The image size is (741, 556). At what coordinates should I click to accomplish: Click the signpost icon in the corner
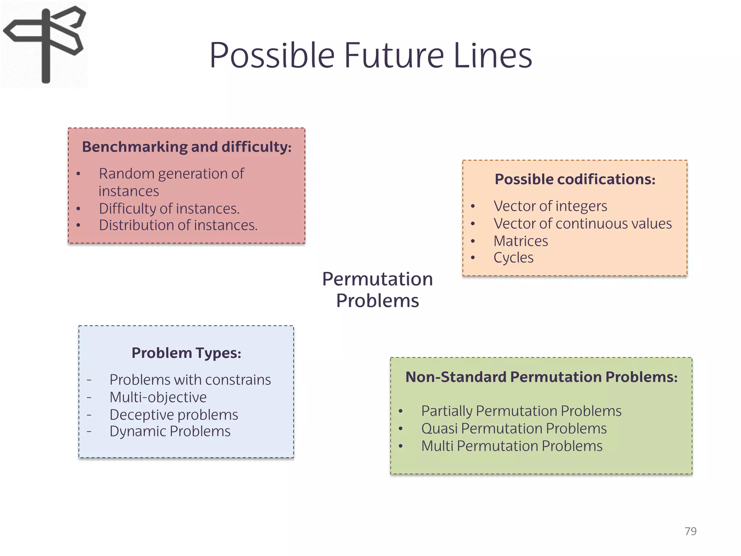click(45, 44)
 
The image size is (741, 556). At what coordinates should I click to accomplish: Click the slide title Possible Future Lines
click(370, 55)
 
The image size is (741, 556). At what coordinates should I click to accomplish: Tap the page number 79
click(690, 531)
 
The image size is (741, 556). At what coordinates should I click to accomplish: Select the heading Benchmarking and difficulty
click(187, 147)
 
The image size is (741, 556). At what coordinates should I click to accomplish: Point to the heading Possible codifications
click(575, 179)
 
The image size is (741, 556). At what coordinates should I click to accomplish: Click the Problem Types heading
click(186, 353)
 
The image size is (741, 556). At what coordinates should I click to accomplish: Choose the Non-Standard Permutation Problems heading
click(541, 377)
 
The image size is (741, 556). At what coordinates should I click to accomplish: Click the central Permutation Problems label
click(377, 290)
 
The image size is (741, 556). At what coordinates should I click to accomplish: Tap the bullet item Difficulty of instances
click(169, 208)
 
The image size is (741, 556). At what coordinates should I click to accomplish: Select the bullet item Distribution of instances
click(178, 225)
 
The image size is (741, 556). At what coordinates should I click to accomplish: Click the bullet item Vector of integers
click(550, 206)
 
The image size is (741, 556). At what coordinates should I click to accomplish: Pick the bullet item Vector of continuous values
click(583, 224)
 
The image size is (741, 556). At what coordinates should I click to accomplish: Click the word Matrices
click(521, 241)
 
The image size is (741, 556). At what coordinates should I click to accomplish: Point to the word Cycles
click(513, 258)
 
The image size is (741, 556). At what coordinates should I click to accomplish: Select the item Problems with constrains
click(190, 380)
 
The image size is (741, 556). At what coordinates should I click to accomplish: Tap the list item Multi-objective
click(158, 397)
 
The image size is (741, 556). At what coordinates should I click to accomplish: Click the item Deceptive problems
click(174, 414)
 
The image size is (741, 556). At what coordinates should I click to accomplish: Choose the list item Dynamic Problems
click(170, 431)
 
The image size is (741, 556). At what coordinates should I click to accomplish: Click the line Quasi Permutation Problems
click(514, 429)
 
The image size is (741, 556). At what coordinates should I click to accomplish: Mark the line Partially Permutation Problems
click(521, 411)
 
